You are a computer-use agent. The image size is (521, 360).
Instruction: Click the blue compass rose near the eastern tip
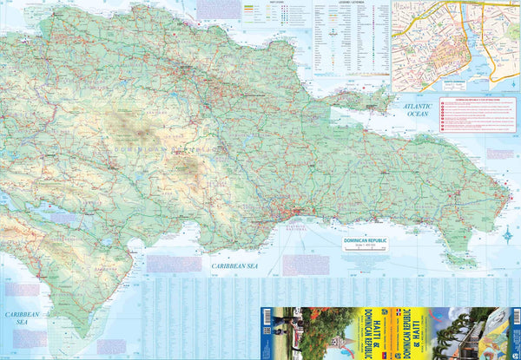click(x=508, y=233)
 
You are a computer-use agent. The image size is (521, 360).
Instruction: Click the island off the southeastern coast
click(x=463, y=259)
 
